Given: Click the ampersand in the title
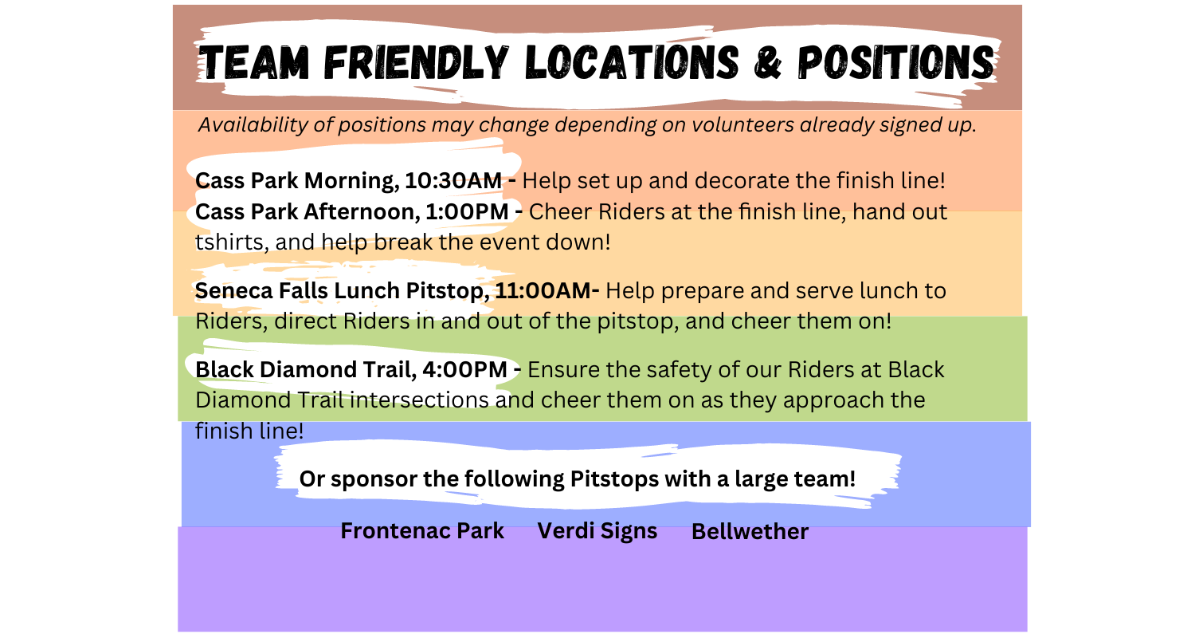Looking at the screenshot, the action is (768, 62).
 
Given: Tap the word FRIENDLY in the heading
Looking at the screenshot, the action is (416, 62).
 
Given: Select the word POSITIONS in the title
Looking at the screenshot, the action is (896, 62).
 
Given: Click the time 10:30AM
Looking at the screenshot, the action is (453, 180).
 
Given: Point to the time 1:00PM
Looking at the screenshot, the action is (467, 211).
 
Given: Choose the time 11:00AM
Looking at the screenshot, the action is (543, 290).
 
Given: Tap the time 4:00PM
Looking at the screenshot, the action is (464, 369).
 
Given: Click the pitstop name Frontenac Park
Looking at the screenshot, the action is (422, 530).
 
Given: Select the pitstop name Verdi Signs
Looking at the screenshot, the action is (597, 531).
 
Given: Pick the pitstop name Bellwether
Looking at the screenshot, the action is (750, 531).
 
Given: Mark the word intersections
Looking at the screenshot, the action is (419, 400).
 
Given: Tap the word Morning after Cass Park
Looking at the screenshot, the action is (351, 181).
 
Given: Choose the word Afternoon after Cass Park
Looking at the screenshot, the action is (361, 211).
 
